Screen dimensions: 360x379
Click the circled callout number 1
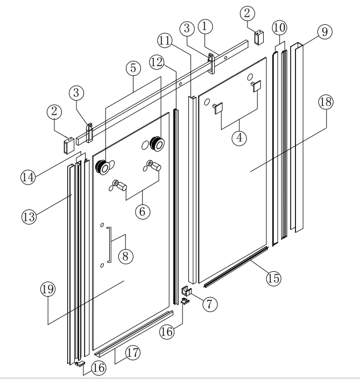(205, 26)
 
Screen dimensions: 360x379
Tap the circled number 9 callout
(324, 32)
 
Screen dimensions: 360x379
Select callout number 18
(326, 102)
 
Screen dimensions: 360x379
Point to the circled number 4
(239, 138)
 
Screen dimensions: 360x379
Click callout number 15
(274, 278)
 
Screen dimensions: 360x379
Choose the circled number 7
(210, 304)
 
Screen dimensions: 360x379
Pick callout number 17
(133, 353)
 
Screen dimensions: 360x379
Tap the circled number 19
(48, 289)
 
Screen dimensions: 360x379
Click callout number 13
(29, 216)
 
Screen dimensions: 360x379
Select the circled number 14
(28, 177)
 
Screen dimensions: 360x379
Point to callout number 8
(125, 256)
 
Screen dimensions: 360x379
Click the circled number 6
(143, 212)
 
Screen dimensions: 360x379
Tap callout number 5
(133, 68)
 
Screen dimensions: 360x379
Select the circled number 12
(157, 62)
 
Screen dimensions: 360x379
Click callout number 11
(165, 40)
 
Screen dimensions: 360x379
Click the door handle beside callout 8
(110, 244)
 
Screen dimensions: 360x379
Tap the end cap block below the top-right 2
(259, 37)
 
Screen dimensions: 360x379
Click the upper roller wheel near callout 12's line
(157, 143)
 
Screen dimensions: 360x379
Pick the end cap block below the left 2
(69, 146)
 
